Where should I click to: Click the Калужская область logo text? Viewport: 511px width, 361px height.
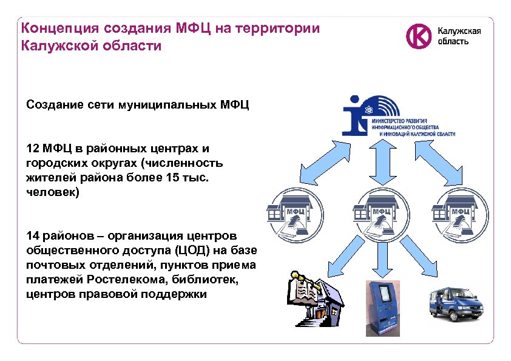[459, 36]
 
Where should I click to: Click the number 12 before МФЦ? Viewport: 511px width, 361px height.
[33, 149]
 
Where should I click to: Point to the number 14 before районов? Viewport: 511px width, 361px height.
[33, 235]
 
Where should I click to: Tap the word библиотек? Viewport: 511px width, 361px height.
[204, 280]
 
